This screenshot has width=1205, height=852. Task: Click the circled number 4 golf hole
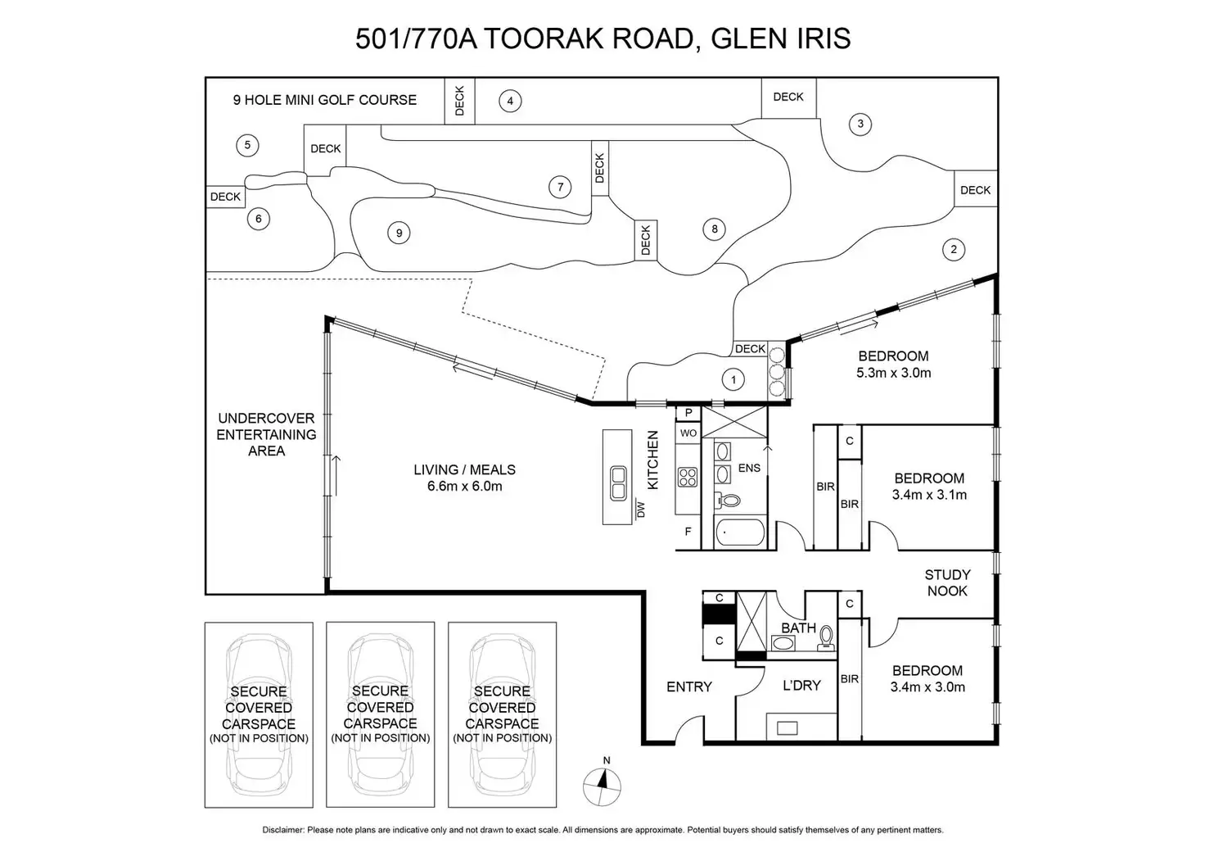510,101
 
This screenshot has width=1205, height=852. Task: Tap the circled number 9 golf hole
399,233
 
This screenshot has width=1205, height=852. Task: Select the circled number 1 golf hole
733,379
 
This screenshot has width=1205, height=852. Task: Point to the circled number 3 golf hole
860,125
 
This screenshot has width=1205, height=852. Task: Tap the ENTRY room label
688,687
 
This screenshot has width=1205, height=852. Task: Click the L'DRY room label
801,685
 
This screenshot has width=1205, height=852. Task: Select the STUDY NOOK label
947,582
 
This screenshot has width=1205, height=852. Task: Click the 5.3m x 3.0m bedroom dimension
893,373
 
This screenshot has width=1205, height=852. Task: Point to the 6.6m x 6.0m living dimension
464,486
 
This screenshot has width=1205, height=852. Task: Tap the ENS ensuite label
749,468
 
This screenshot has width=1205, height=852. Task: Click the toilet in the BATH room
826,637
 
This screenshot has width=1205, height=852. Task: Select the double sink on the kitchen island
617,483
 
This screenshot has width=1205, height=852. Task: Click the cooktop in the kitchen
688,476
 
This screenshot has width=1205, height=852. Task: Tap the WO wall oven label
688,433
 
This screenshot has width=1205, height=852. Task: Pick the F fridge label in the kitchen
688,532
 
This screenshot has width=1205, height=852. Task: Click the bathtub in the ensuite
739,533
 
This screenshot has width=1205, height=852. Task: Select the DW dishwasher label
641,509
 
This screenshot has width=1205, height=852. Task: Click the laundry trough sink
788,727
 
